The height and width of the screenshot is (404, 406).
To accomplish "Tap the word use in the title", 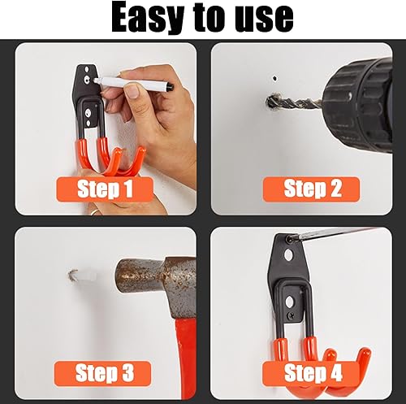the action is tap(263, 19).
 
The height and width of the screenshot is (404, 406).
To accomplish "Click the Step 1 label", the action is tap(105, 189).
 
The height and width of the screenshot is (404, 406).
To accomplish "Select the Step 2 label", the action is tap(311, 189).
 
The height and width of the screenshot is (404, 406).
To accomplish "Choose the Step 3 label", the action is tap(103, 373).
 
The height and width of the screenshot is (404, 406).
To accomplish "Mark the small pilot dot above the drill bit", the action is tap(274, 79).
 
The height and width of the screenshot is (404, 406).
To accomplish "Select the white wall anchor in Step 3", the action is tap(86, 276).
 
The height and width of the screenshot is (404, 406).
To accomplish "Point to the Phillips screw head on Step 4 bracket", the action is tap(292, 315).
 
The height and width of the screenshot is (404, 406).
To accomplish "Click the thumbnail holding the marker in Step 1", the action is tap(133, 91).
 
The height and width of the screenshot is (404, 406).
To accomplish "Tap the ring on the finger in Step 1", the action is tap(94, 211).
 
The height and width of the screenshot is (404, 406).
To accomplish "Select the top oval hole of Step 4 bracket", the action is tap(289, 254).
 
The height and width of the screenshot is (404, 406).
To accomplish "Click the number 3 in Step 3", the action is tap(127, 373).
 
